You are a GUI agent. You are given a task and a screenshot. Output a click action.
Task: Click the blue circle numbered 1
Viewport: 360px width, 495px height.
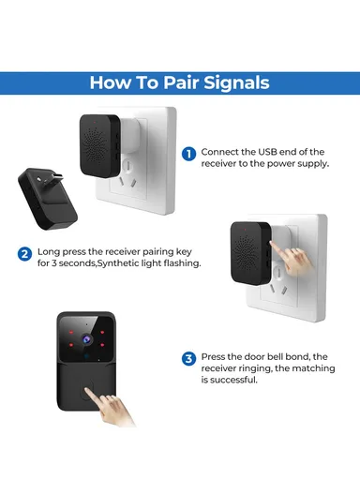[x=189, y=153]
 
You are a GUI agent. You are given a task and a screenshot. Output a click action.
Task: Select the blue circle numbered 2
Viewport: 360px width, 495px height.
[x=24, y=253]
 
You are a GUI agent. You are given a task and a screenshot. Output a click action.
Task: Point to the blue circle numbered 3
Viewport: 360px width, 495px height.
[x=189, y=358]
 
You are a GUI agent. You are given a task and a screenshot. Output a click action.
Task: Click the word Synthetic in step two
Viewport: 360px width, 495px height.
[x=127, y=263]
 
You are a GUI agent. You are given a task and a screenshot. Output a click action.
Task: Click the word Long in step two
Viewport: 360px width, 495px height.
[x=48, y=252]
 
